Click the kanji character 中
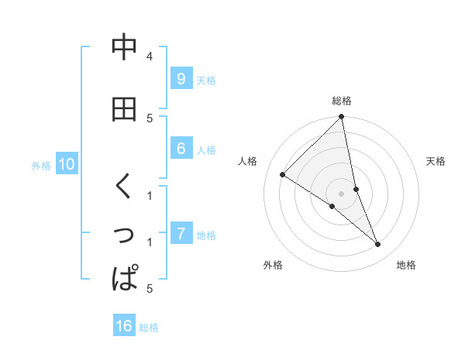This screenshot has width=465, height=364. [x=124, y=48]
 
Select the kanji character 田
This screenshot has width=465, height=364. [x=124, y=110]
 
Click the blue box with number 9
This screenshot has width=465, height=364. [x=181, y=78]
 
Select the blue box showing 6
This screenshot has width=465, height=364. [x=181, y=149]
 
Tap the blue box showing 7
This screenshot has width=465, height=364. [x=181, y=233]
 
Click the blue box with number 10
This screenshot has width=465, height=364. [x=66, y=164]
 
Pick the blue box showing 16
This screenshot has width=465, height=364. [x=124, y=326]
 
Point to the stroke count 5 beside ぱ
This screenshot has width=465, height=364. [x=149, y=289]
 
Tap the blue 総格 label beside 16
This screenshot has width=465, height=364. [x=149, y=328]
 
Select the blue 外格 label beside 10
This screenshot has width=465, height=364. [x=41, y=165]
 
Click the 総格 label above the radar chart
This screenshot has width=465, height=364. [x=342, y=101]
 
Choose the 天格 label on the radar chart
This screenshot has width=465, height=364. [x=436, y=161]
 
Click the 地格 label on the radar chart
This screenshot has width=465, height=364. [x=406, y=266]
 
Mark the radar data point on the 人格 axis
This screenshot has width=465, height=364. [x=283, y=174]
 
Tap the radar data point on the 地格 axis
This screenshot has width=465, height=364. [x=378, y=245]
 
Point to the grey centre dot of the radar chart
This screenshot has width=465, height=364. [x=342, y=194]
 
